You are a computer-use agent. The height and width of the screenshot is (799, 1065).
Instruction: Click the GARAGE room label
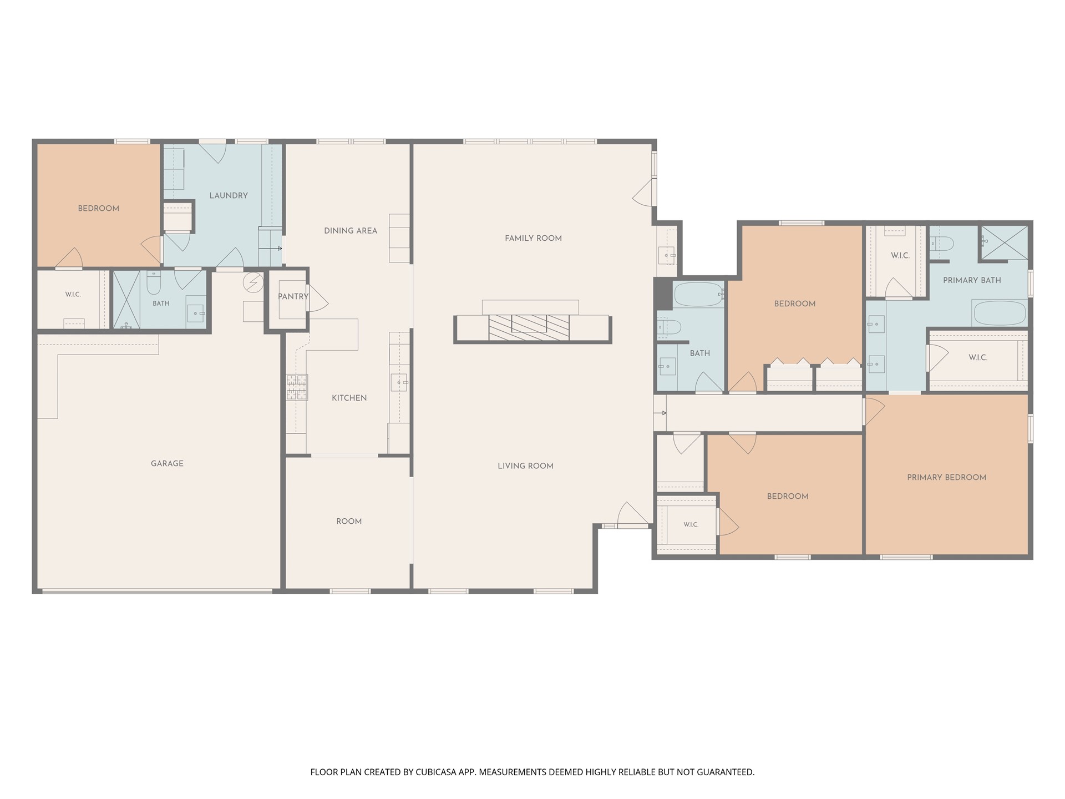tap(167, 463)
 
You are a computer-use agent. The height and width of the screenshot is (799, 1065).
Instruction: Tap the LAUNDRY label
tap(229, 195)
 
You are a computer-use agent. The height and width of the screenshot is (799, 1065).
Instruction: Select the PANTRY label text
tap(293, 296)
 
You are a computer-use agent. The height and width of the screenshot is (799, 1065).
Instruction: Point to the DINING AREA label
tap(351, 230)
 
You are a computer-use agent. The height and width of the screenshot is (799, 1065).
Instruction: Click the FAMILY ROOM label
tap(533, 238)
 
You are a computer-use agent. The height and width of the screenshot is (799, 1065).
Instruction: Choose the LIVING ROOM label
tap(525, 466)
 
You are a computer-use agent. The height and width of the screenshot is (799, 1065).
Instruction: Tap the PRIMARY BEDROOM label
tap(946, 477)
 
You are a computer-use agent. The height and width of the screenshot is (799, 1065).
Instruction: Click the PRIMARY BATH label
tap(972, 280)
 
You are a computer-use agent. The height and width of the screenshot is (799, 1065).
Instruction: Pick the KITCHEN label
tap(349, 398)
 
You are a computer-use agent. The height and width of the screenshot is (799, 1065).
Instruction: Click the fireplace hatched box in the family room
tap(529, 327)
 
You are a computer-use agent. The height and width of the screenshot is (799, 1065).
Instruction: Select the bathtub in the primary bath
tap(1000, 313)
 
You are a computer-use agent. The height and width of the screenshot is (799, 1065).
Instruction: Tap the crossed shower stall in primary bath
tap(1004, 242)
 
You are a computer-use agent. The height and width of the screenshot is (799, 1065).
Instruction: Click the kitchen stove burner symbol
tap(297, 387)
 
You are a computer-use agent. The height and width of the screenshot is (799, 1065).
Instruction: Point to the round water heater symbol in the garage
tap(253, 282)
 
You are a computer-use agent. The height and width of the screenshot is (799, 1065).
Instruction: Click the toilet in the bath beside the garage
tap(154, 283)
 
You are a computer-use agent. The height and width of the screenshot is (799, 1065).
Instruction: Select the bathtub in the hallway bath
tap(698, 295)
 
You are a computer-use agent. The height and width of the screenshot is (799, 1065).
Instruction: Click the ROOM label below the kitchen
tap(349, 521)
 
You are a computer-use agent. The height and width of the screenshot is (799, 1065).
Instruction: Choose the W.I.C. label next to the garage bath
tap(73, 294)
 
